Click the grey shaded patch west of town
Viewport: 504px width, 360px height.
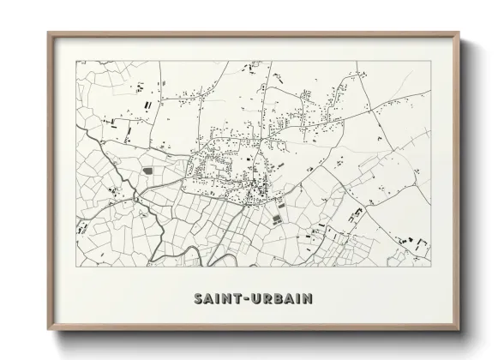pyautogui.click(x=147, y=171)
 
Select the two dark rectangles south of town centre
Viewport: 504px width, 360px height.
pyautogui.click(x=277, y=219)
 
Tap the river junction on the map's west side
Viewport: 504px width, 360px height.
pyautogui.click(x=135, y=200)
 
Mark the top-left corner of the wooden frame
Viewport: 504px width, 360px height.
pyautogui.click(x=47, y=33)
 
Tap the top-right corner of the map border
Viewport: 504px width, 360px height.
pyautogui.click(x=430, y=61)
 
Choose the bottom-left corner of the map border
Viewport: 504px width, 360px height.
pyautogui.click(x=77, y=266)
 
